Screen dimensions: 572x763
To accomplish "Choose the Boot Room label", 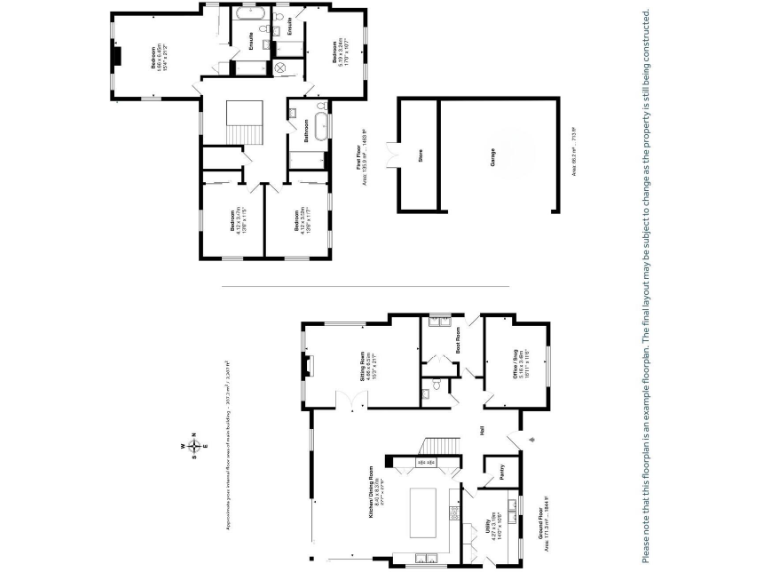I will coord(458,348).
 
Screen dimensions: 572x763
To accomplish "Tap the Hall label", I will coord(482,431).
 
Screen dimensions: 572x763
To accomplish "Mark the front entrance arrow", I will coord(529,440).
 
